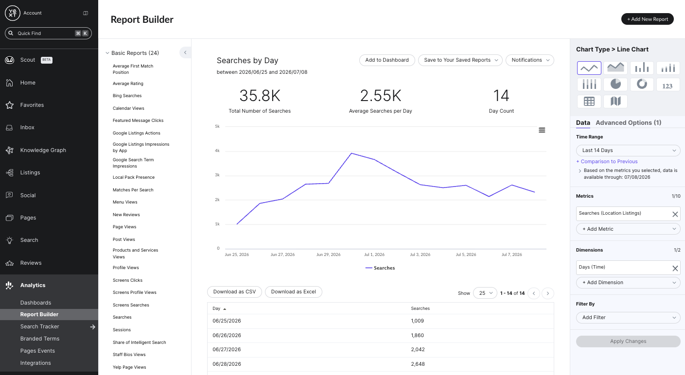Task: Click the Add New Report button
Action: point(647,19)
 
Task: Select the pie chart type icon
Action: point(615,84)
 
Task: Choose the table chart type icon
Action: point(589,101)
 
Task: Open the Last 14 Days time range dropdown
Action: point(628,151)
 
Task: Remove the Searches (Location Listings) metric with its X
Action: point(675,214)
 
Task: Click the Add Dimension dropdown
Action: point(628,282)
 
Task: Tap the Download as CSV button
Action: point(234,292)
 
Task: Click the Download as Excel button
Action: point(293,292)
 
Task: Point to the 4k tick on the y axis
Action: point(217,151)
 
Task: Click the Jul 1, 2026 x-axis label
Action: point(374,255)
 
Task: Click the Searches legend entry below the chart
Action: point(380,268)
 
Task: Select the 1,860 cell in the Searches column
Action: point(417,335)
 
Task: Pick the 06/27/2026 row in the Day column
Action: point(227,349)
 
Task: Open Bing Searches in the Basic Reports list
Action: point(127,96)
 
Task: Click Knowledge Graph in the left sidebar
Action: point(43,150)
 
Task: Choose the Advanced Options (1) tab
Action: point(628,122)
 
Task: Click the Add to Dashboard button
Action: point(387,60)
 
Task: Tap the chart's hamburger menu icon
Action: point(542,130)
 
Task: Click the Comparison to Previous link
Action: point(607,161)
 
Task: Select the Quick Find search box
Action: point(48,34)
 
